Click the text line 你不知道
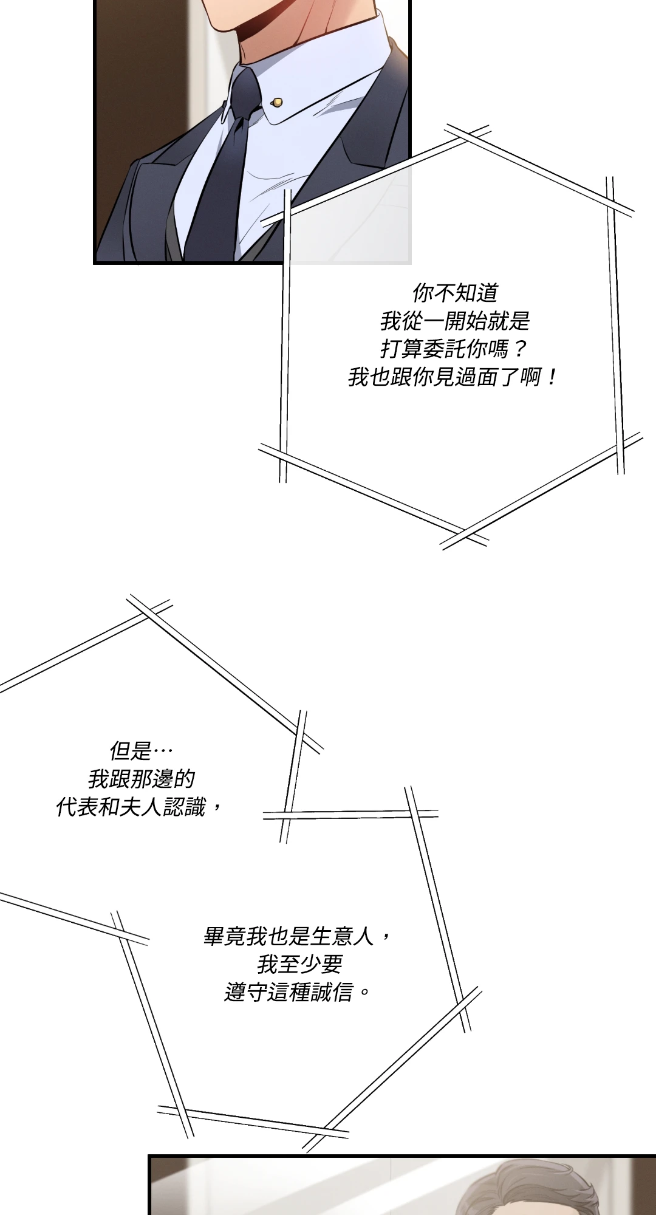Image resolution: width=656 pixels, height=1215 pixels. (455, 293)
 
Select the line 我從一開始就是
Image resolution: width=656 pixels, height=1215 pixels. (455, 321)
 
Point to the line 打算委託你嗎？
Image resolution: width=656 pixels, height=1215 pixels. (454, 349)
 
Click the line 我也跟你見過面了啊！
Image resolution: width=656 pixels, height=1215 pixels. (453, 378)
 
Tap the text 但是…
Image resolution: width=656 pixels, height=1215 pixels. (141, 751)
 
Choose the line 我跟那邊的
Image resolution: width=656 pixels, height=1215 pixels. (141, 779)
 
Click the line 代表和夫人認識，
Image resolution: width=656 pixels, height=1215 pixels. (140, 807)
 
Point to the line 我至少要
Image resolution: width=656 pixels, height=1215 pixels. (299, 964)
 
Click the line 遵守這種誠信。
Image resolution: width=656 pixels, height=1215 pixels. (298, 993)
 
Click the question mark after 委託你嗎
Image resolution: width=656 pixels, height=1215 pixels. (519, 349)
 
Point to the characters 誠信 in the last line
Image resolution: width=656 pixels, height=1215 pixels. (331, 993)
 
